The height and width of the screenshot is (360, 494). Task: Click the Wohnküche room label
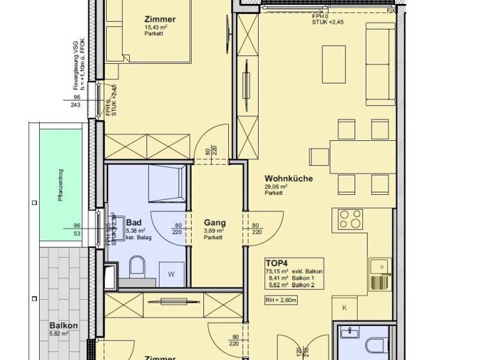(x=289, y=179)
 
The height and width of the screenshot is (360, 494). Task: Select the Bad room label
(x=134, y=222)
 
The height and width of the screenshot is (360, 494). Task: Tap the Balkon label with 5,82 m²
(x=64, y=326)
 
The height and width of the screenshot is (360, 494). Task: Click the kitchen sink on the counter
(x=379, y=266)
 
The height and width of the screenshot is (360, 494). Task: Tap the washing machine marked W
(x=170, y=273)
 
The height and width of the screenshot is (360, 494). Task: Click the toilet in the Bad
(x=138, y=267)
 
